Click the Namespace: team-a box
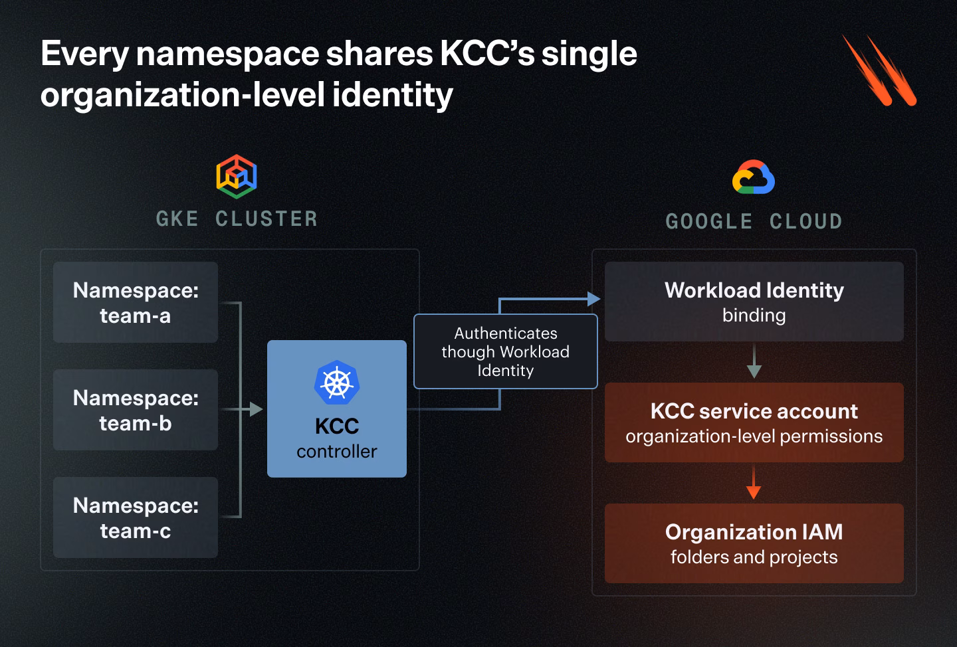pyautogui.click(x=136, y=302)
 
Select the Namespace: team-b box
pyautogui.click(x=136, y=410)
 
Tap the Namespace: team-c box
pyautogui.click(x=136, y=517)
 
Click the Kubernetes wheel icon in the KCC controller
pyautogui.click(x=337, y=382)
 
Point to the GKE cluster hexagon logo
pyautogui.click(x=237, y=177)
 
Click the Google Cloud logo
pyautogui.click(x=753, y=177)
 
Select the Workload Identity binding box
pyautogui.click(x=754, y=302)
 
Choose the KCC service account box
pyautogui.click(x=754, y=422)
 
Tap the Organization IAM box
pyautogui.click(x=754, y=543)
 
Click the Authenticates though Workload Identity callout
pyautogui.click(x=505, y=351)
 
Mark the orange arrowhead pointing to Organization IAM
pyautogui.click(x=754, y=492)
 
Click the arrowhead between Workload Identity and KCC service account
pyautogui.click(x=754, y=371)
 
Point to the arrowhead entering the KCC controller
pyautogui.click(x=256, y=409)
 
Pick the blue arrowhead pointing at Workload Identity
pyautogui.click(x=594, y=299)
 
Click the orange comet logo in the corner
pyautogui.click(x=879, y=70)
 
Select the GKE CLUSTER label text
pyautogui.click(x=237, y=219)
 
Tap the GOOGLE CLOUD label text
pyautogui.click(x=754, y=222)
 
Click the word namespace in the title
pyautogui.click(x=227, y=55)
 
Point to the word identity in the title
pyautogui.click(x=392, y=95)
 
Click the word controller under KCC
pyautogui.click(x=337, y=452)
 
